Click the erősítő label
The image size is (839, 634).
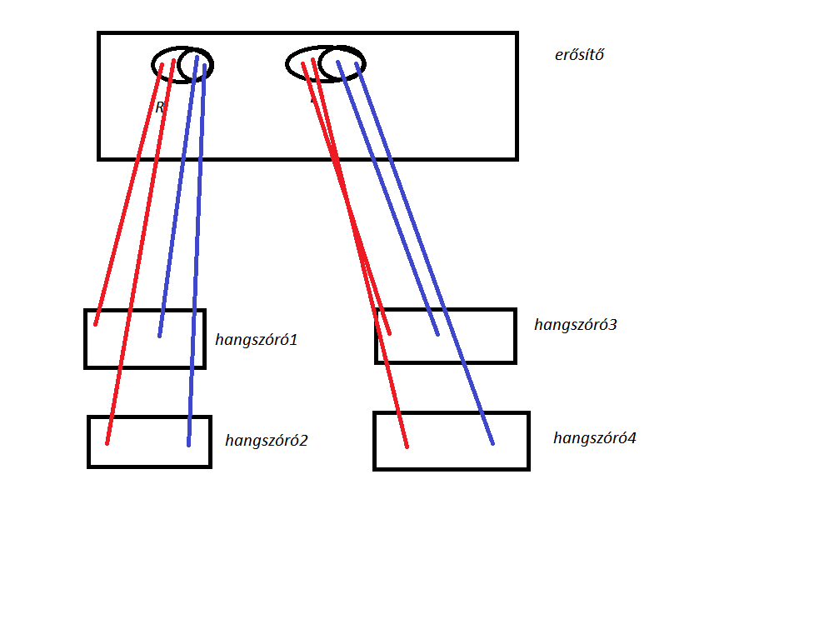579,56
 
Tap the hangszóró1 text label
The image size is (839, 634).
256,340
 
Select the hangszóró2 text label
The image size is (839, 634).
266,441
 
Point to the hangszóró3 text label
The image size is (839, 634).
575,325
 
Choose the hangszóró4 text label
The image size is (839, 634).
594,438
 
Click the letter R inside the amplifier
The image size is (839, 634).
159,107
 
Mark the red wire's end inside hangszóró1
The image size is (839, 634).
96,323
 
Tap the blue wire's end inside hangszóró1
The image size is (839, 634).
159,335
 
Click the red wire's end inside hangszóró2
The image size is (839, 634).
107,442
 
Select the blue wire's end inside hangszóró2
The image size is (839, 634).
188,444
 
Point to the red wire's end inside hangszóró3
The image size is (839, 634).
389,333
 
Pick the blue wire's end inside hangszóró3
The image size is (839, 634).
437,334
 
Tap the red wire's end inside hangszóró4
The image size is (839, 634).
407,446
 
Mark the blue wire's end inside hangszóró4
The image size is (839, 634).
492,442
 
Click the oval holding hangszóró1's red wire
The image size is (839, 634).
167,63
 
